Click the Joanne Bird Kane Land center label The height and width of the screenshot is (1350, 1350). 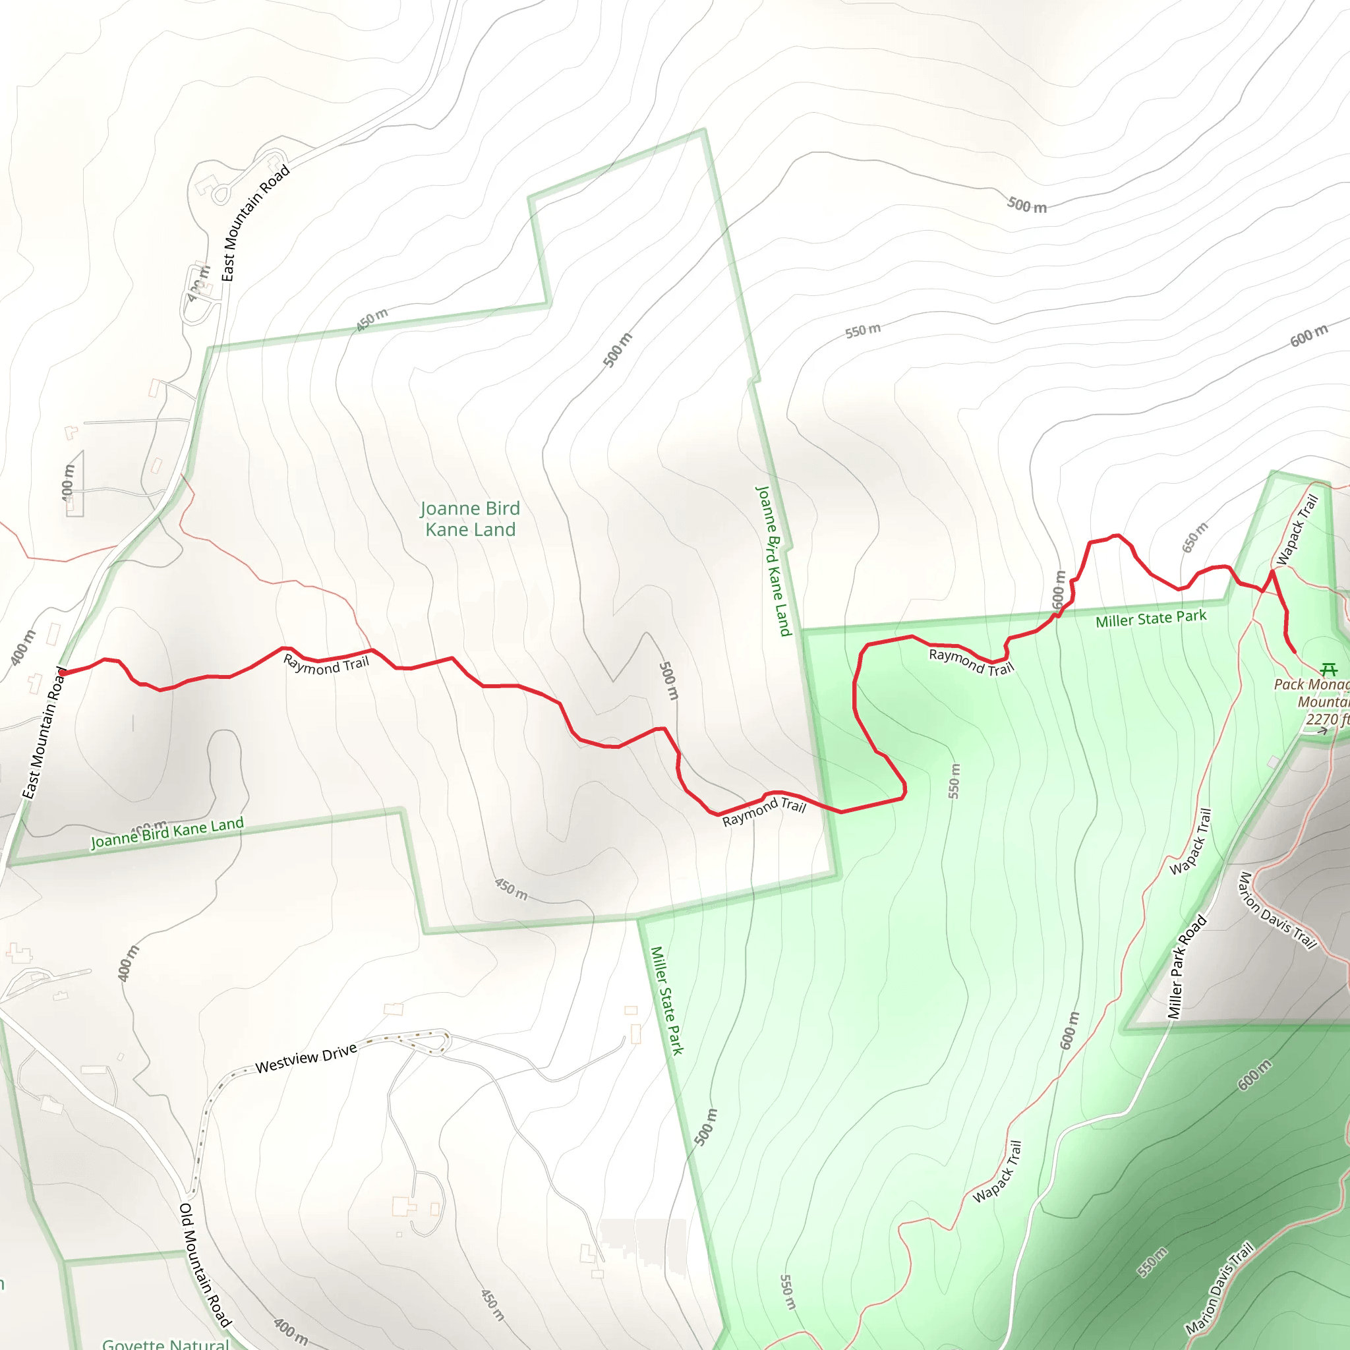(x=470, y=519)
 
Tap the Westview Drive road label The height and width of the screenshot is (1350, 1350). (x=306, y=1058)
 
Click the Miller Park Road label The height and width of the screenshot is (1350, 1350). (x=1187, y=966)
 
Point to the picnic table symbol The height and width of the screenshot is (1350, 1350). (x=1329, y=668)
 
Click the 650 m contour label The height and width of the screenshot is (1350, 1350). (x=1194, y=537)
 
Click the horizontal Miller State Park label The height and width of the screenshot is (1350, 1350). (x=1151, y=618)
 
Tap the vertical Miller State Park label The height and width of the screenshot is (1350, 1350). (x=666, y=1000)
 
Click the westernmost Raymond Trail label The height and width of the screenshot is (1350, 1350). (x=326, y=664)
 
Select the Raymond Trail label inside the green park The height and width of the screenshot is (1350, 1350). (x=970, y=662)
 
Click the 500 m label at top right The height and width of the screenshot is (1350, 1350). (x=1026, y=206)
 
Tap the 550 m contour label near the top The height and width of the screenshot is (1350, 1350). (x=862, y=330)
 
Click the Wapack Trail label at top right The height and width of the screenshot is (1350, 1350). (x=1297, y=530)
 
